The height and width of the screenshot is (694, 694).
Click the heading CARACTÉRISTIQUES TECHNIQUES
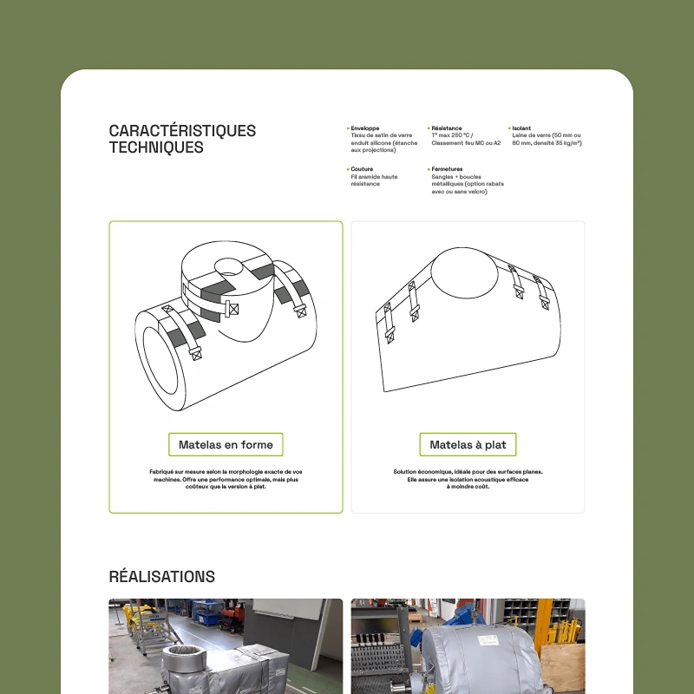coord(182,139)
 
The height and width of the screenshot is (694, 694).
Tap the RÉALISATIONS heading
coord(162,577)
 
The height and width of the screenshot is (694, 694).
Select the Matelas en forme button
coord(226,444)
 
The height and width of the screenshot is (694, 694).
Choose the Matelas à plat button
coord(468,444)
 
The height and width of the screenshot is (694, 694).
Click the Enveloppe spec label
coord(364,128)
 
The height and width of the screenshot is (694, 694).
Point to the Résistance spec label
coord(447,128)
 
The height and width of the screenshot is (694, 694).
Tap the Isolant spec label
coord(521,128)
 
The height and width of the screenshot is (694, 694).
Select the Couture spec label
coord(362,169)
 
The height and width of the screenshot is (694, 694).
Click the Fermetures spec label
coord(447,169)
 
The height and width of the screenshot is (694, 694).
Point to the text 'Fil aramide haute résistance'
coord(374,180)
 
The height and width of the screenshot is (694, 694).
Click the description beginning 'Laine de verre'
coord(547,139)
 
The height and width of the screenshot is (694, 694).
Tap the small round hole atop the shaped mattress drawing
coord(228,267)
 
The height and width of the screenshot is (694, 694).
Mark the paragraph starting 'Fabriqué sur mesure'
coord(226,480)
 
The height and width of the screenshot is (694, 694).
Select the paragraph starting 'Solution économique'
coord(468,480)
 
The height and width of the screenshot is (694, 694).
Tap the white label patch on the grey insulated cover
coord(488,639)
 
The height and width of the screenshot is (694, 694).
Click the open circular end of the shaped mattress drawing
coord(160,361)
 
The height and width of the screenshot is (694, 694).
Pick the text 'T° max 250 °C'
coord(452,135)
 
